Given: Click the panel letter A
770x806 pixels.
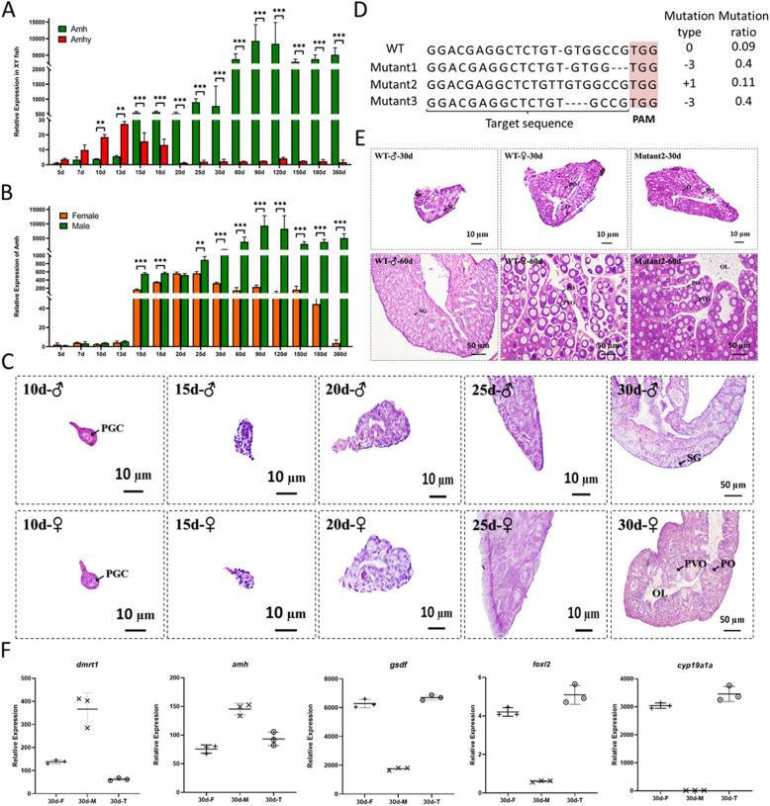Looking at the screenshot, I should coord(11,10).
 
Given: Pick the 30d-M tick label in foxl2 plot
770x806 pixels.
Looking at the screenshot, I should coord(561,800).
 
